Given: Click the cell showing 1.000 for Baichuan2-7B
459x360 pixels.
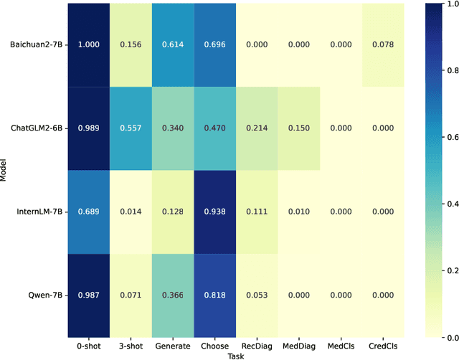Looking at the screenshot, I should (x=89, y=44).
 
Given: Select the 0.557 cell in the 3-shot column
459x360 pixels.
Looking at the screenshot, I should (x=131, y=128).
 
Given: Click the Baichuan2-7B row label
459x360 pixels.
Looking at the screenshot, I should (x=34, y=44).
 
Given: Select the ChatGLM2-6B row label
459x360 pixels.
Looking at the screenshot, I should (x=34, y=128).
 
